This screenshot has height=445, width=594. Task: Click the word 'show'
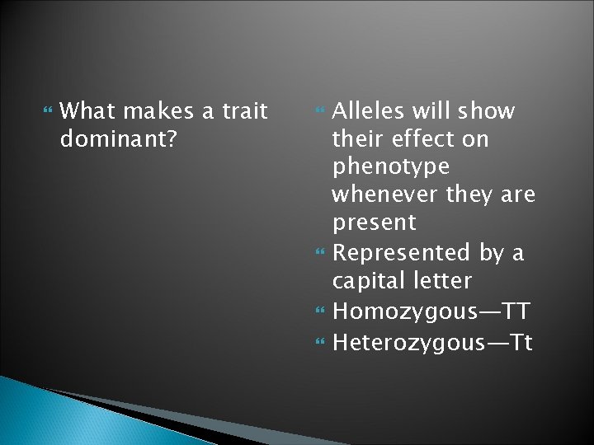[x=487, y=110]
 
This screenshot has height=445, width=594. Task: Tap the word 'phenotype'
[x=390, y=166]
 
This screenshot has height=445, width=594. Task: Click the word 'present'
[x=374, y=222]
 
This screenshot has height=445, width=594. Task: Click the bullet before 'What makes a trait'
[x=46, y=111]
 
